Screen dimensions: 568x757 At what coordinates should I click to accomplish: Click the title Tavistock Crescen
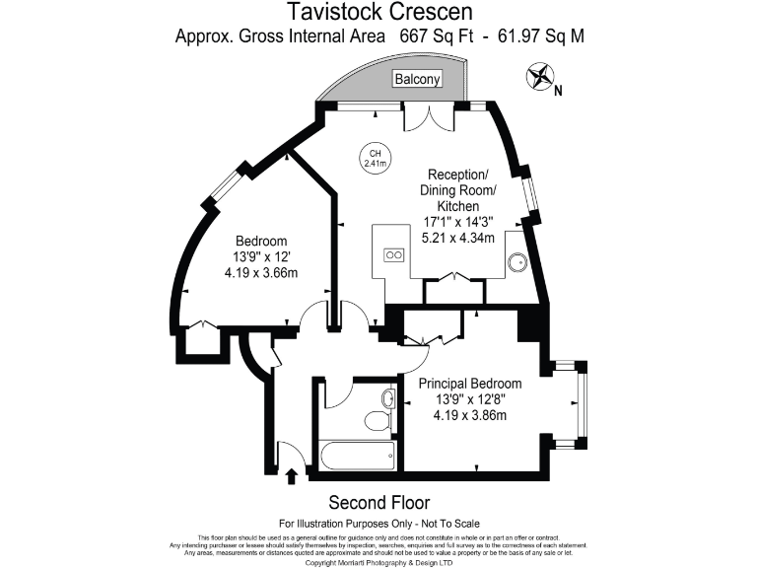coord(378,13)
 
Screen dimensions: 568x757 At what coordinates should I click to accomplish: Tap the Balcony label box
coord(417,79)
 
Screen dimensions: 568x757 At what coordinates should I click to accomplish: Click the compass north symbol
coord(540,76)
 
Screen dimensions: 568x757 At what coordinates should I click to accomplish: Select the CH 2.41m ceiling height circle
coord(375,159)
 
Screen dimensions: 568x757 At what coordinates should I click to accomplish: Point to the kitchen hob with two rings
coord(393,253)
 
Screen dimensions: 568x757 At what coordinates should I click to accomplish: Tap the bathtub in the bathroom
coord(360,456)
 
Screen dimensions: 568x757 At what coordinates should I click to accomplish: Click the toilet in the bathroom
coord(378,422)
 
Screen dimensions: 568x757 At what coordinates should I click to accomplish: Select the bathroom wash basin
coord(388,399)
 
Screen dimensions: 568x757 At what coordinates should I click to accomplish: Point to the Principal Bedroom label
coord(470,384)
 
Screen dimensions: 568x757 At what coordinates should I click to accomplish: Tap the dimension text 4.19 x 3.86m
coord(470,415)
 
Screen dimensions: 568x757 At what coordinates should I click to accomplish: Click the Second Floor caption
coord(378,502)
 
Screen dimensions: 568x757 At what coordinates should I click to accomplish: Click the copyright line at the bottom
coord(378,563)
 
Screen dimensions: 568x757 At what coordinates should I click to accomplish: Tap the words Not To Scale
coord(447,523)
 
